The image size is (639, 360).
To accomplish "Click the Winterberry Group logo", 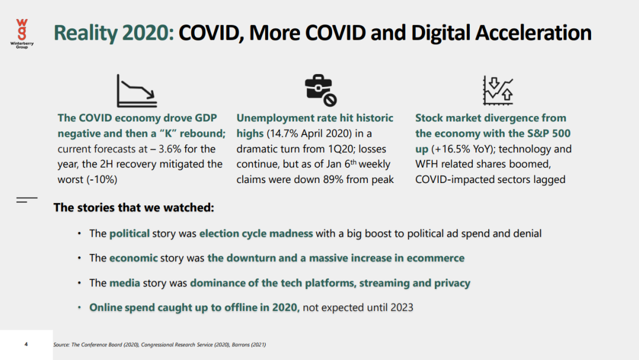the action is click(x=22, y=34).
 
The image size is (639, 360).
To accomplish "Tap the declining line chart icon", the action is click(x=137, y=91).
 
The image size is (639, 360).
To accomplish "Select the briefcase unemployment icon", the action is click(x=321, y=90).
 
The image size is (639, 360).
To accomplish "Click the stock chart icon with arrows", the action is click(x=498, y=90).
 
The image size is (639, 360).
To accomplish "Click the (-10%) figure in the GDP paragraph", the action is click(x=102, y=179).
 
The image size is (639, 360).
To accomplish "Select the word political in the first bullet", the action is click(x=129, y=234).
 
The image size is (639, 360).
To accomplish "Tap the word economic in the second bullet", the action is click(x=133, y=258).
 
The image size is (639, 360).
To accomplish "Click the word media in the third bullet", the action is click(x=125, y=283).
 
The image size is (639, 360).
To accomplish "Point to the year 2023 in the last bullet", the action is click(x=402, y=307).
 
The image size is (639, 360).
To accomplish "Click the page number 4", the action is click(x=26, y=345).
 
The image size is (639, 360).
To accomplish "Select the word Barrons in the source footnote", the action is click(x=241, y=345).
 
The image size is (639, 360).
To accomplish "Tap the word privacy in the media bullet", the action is click(x=453, y=283).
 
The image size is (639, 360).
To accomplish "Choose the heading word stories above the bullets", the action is click(x=94, y=207).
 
